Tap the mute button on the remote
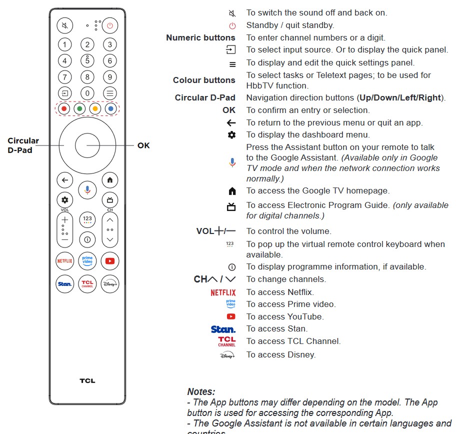click(64, 25)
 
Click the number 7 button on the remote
click(64, 77)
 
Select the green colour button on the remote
click(79, 108)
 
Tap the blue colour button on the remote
click(110, 108)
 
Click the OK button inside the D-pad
click(88, 145)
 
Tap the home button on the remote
click(109, 180)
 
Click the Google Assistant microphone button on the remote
click(87, 189)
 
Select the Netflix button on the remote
click(64, 260)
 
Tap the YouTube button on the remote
click(110, 260)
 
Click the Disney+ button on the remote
click(110, 283)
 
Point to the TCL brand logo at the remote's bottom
click(87, 381)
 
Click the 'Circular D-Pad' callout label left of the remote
click(23, 145)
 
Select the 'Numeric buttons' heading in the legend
click(200, 37)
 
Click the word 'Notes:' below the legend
click(201, 391)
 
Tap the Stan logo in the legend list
click(223, 329)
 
